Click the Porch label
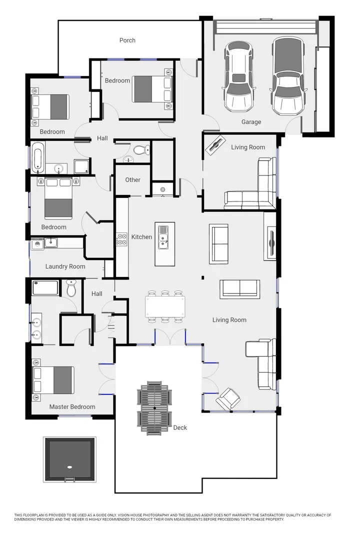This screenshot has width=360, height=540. tap(127, 40)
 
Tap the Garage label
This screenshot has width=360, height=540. tap(251, 122)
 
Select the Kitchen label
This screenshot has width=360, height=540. tap(141, 237)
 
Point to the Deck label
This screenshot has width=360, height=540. tap(180, 427)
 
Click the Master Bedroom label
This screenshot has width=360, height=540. tap(72, 407)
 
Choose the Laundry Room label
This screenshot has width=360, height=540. tap(65, 266)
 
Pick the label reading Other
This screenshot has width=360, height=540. tap(133, 180)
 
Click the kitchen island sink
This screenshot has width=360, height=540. tap(163, 237)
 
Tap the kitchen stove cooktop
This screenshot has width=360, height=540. tap(121, 239)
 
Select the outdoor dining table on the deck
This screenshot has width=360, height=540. tap(154, 408)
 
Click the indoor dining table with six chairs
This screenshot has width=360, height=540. tap(165, 306)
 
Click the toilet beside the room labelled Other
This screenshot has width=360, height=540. tap(141, 149)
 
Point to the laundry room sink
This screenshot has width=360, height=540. tap(50, 243)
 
